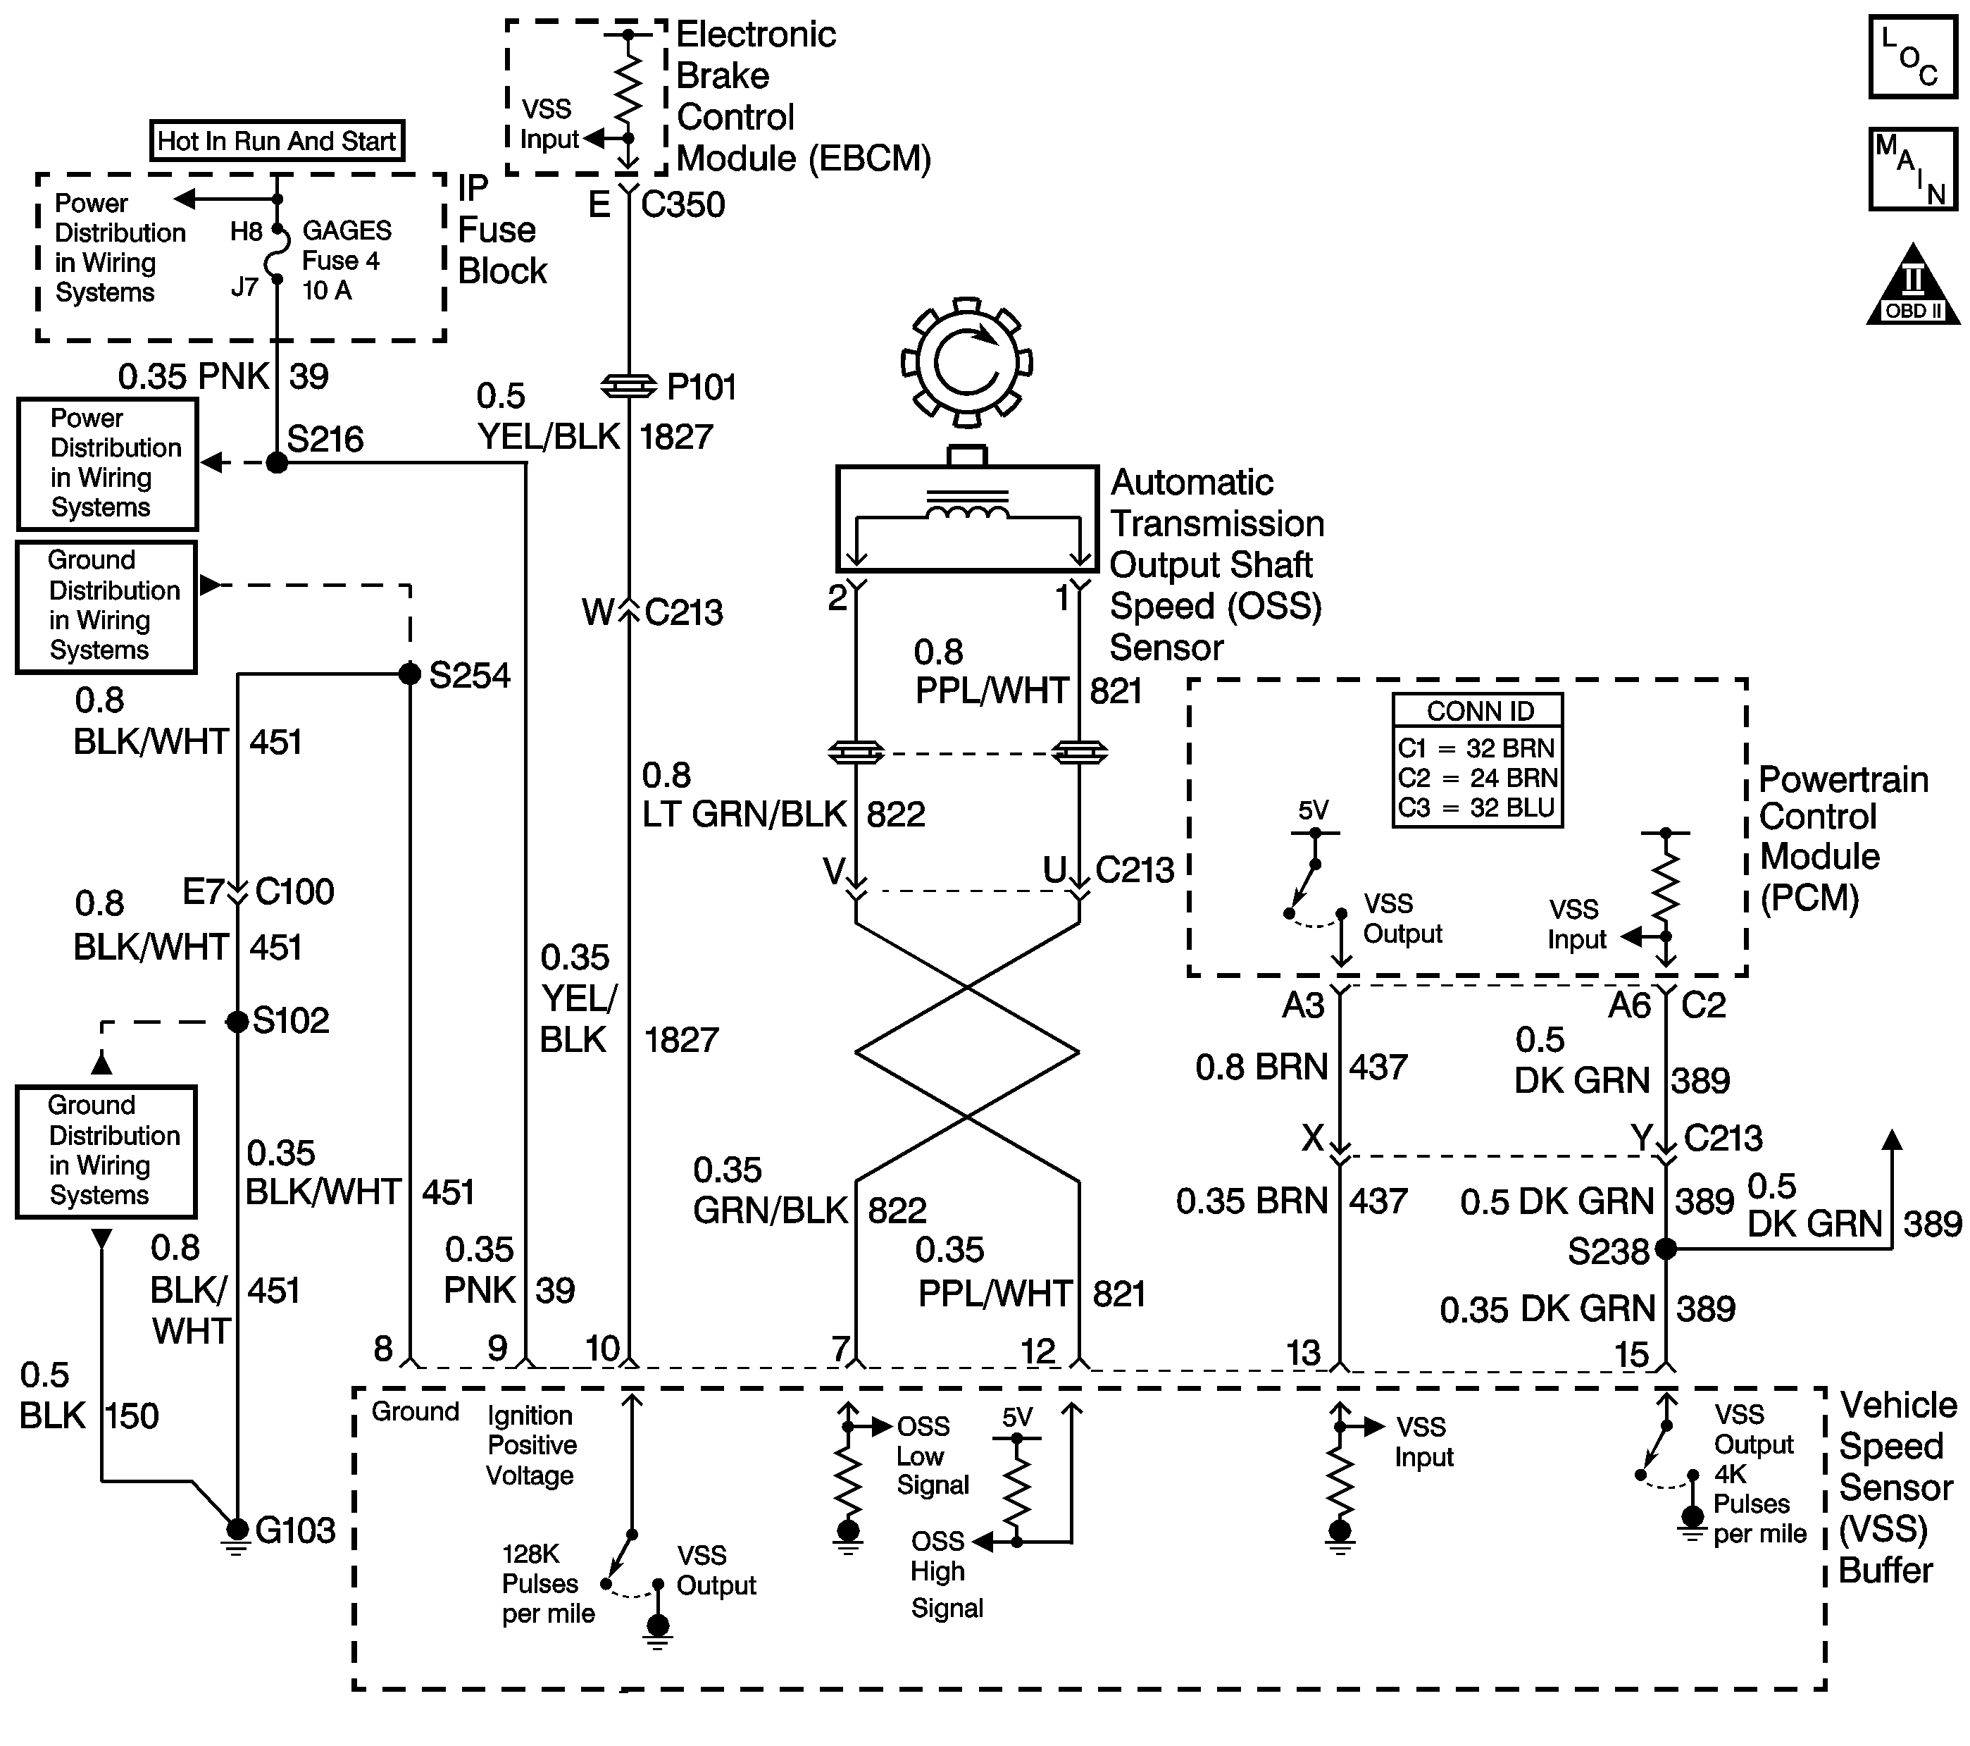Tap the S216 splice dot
click(277, 463)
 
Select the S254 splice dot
click(410, 674)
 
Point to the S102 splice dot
click(237, 1021)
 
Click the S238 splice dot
click(1666, 1249)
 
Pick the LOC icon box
click(1913, 56)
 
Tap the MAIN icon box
click(1913, 168)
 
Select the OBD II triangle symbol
click(1913, 285)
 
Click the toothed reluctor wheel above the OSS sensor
click(967, 362)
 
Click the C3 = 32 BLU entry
click(1476, 808)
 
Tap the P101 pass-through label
click(702, 388)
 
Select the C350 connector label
click(682, 204)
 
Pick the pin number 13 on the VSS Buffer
click(1303, 1353)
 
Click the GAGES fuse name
click(347, 230)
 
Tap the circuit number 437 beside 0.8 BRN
click(1378, 1067)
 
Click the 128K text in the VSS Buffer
click(531, 1554)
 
